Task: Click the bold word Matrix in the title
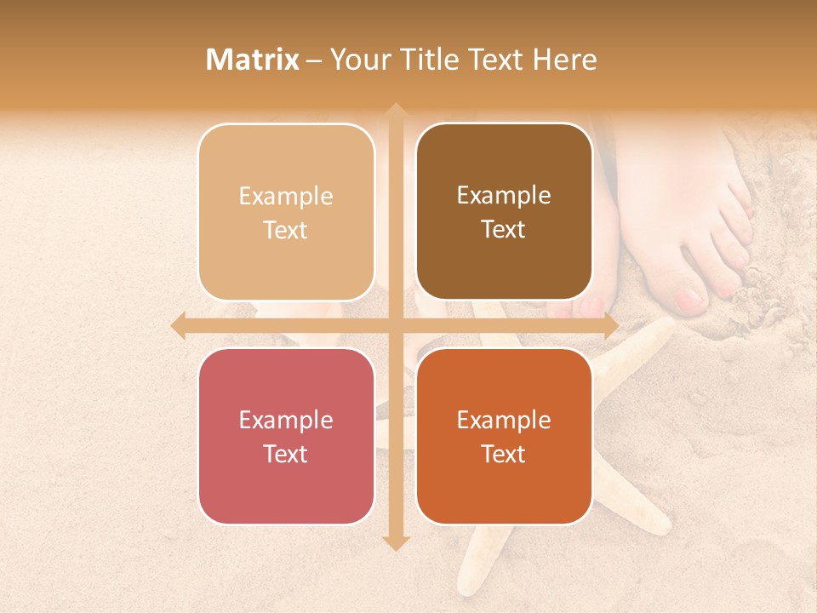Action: click(253, 59)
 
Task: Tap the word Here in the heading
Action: click(564, 59)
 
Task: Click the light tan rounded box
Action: click(286, 212)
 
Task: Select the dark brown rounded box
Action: click(504, 212)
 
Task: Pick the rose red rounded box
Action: click(286, 436)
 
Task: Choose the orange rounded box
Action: click(504, 436)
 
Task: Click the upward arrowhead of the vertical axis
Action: click(395, 112)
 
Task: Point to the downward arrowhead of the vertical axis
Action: click(395, 542)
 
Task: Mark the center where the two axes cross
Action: click(395, 326)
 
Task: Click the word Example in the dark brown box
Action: click(504, 196)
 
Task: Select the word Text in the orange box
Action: click(504, 454)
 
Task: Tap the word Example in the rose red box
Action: click(286, 420)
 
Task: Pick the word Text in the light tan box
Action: click(286, 230)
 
